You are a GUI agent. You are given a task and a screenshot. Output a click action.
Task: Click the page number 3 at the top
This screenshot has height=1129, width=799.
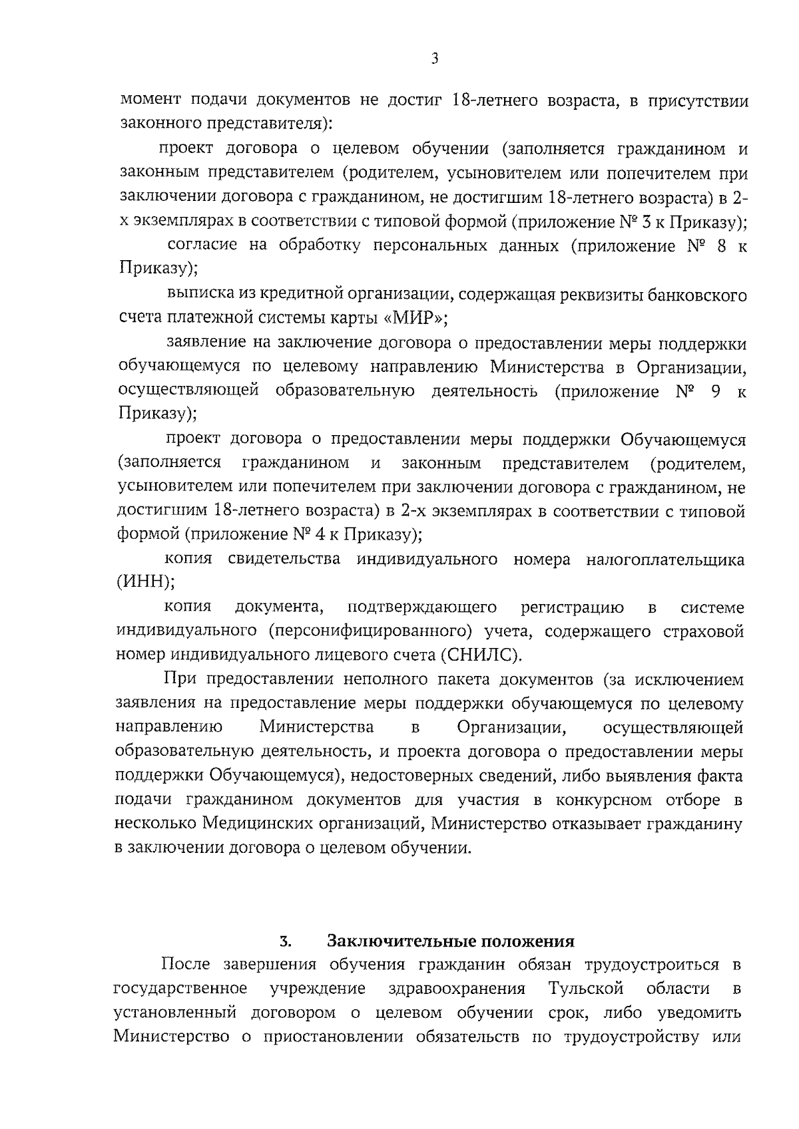click(x=434, y=59)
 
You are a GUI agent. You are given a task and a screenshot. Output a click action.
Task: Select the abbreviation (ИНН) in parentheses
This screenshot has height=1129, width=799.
click(x=146, y=582)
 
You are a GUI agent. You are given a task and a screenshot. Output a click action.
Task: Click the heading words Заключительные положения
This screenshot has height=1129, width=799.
click(x=450, y=941)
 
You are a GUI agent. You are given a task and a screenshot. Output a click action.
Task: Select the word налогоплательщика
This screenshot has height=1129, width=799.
click(x=665, y=560)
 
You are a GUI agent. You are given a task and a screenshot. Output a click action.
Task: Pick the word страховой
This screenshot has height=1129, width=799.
click(x=704, y=631)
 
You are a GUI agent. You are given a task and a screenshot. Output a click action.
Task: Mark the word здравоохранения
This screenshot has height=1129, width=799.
click(x=457, y=989)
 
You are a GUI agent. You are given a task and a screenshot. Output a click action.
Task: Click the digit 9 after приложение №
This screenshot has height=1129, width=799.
click(x=715, y=391)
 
